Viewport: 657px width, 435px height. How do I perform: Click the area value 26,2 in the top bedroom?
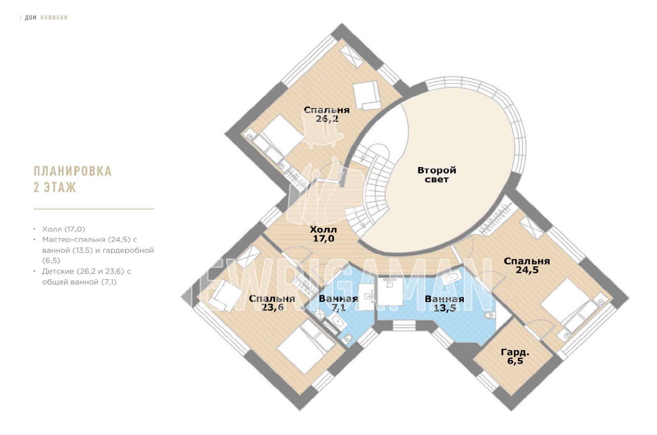click(x=327, y=119)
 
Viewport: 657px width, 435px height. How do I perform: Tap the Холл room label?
click(x=323, y=229)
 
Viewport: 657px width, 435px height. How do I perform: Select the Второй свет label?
click(x=436, y=175)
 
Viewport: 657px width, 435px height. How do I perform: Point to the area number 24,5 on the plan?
click(x=527, y=270)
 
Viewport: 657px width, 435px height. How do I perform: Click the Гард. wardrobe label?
click(x=515, y=352)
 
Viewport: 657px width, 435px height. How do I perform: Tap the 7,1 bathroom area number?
click(x=338, y=307)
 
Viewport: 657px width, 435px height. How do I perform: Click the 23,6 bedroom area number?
click(x=272, y=307)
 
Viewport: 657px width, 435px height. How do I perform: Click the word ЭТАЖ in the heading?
click(x=60, y=187)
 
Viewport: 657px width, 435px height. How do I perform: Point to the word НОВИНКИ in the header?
click(x=54, y=18)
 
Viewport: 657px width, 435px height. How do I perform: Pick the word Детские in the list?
click(x=58, y=271)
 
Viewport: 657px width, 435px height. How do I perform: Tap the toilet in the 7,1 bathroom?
click(x=348, y=338)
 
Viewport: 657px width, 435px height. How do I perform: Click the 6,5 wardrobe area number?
click(x=515, y=361)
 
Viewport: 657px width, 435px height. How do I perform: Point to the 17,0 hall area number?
click(x=324, y=238)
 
